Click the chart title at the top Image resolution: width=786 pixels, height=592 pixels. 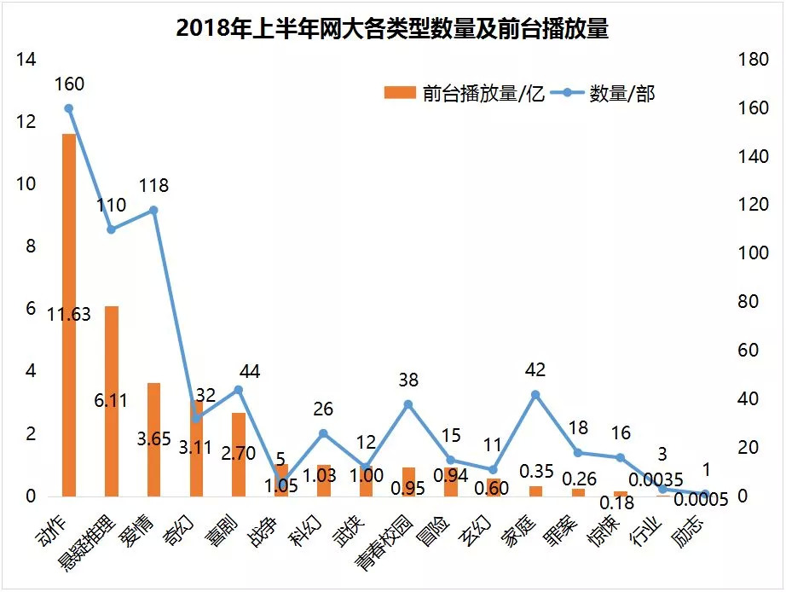coord(392,27)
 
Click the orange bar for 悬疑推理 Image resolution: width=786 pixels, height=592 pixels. coord(111,401)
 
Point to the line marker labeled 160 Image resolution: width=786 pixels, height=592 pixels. coord(68,108)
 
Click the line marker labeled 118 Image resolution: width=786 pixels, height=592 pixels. coord(153,210)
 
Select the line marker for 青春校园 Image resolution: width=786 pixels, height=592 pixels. coord(408,404)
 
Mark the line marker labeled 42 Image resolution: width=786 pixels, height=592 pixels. coord(535,394)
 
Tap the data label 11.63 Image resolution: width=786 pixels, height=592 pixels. coord(69,315)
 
